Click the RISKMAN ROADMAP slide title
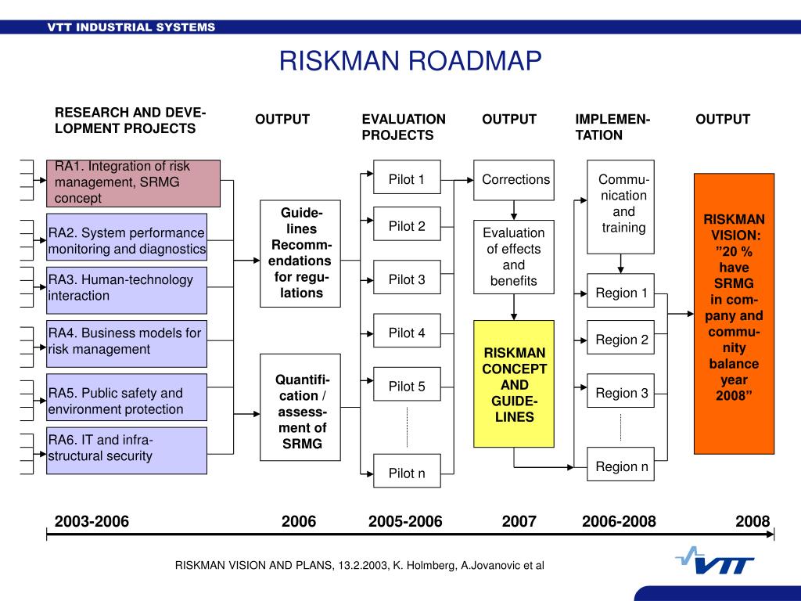[x=411, y=61]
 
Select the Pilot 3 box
[x=407, y=280]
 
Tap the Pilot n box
[x=407, y=473]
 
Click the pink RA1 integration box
[x=133, y=183]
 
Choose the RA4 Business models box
[x=127, y=343]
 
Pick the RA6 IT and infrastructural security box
[x=127, y=450]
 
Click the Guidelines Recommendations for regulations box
[x=301, y=253]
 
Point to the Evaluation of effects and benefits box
[x=513, y=257]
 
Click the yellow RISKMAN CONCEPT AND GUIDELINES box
[x=513, y=383]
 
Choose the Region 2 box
[x=621, y=340]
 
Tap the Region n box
[x=621, y=467]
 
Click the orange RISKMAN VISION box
[x=733, y=313]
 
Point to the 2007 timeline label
[x=519, y=521]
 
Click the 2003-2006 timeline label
[x=92, y=521]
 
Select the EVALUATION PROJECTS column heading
[x=403, y=127]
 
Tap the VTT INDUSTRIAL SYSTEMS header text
[x=131, y=27]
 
